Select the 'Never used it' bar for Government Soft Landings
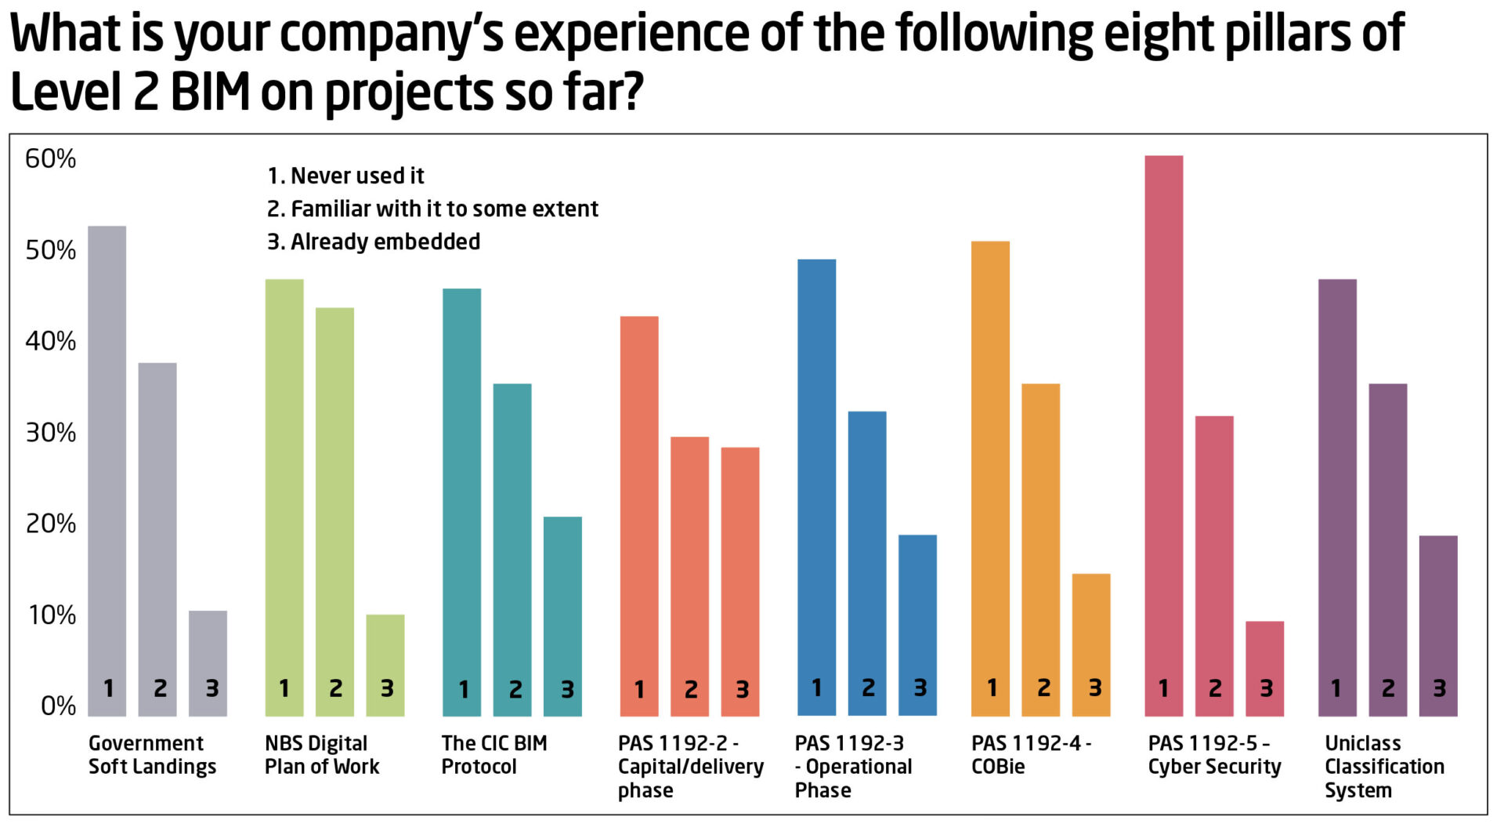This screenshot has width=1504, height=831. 107,470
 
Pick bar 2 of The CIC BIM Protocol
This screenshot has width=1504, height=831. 512,549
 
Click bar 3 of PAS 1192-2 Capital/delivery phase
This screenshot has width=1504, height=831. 740,580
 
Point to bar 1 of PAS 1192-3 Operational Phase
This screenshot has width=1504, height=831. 816,486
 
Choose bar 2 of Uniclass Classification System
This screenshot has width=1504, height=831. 1388,549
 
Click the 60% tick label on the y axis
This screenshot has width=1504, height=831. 51,159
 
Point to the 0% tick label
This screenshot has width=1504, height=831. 58,706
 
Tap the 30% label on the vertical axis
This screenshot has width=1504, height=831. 51,433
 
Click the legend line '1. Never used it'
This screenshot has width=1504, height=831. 345,176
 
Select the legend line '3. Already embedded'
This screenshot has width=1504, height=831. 374,241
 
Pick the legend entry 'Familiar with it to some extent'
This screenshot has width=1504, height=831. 432,209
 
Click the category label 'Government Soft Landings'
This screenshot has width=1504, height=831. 152,755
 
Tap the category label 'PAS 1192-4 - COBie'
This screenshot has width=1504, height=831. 1031,755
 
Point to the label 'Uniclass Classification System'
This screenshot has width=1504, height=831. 1384,767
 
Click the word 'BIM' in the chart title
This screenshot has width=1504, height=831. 210,93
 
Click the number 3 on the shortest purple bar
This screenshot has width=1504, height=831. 1439,688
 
